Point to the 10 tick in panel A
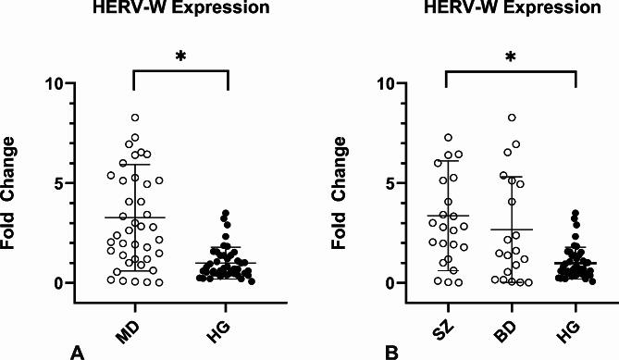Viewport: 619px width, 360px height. click(57, 84)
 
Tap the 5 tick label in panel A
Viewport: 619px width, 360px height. click(62, 183)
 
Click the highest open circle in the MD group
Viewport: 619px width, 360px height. click(135, 118)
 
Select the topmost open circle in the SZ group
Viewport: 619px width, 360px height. click(448, 138)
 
